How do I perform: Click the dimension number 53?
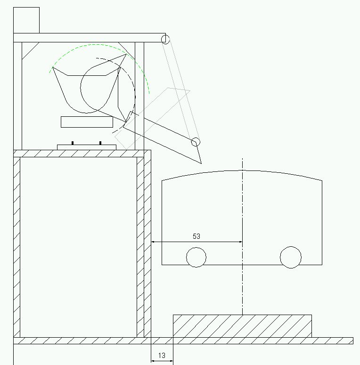tap(196, 236)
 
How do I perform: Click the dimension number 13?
tap(162, 356)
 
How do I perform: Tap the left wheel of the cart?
tap(196, 257)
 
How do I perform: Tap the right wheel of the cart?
tap(291, 257)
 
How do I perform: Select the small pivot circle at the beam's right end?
tap(165, 39)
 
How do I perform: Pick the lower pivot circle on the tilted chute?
tap(196, 142)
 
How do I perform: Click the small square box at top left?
tap(26, 20)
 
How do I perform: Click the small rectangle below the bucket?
tap(87, 122)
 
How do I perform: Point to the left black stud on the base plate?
tap(73, 143)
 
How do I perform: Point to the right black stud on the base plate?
tap(100, 143)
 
